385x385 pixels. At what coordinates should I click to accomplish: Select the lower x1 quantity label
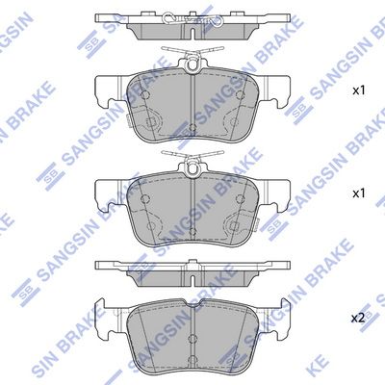tap(359, 193)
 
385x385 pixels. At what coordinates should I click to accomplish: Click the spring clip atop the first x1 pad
tap(193, 58)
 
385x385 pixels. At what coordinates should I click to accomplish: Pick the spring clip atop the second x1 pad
tap(193, 162)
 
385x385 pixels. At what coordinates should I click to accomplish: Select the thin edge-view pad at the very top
tap(192, 23)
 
